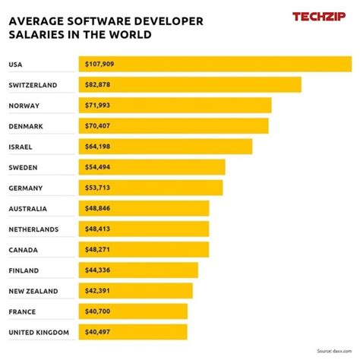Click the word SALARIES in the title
pyautogui.click(x=36, y=35)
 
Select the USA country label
pyautogui.click(x=16, y=64)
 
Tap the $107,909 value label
pyautogui.click(x=100, y=64)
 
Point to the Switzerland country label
pyautogui.click(x=33, y=84)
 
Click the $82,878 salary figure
pyautogui.click(x=99, y=84)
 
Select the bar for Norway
pyautogui.click(x=175, y=105)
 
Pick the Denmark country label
pyautogui.click(x=25, y=125)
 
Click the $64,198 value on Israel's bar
pyautogui.click(x=99, y=146)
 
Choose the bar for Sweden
pyautogui.click(x=152, y=166)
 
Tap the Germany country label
pyautogui.click(x=26, y=188)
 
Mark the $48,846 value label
pyautogui.click(x=99, y=208)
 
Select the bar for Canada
pyautogui.click(x=144, y=249)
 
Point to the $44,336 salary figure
pyautogui.click(x=99, y=270)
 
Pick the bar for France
pyautogui.click(x=133, y=311)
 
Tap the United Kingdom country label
pyautogui.click(x=39, y=332)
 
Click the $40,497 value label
pyautogui.click(x=99, y=332)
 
